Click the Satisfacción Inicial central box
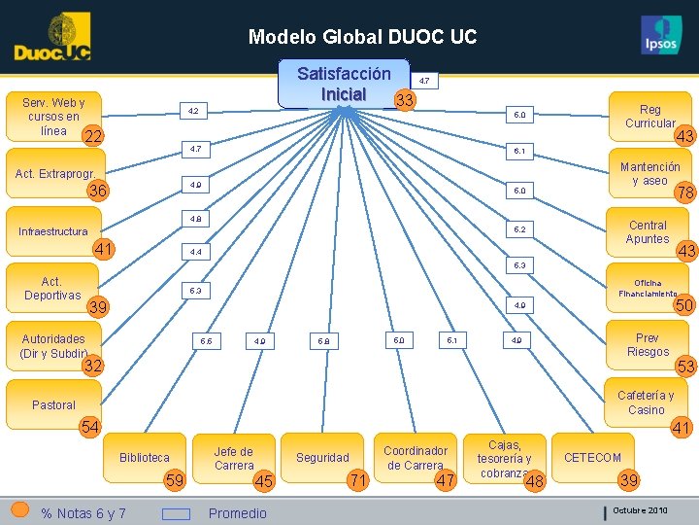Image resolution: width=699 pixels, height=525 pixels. click(x=344, y=85)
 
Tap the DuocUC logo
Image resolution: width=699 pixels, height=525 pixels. click(x=52, y=38)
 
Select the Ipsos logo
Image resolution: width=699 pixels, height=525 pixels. click(x=661, y=37)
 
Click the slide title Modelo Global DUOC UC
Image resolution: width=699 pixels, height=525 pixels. click(x=362, y=37)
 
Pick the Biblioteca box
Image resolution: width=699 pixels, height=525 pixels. click(x=144, y=457)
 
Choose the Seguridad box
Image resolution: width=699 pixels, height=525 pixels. click(x=322, y=457)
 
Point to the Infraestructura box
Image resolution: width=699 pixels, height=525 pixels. click(x=53, y=231)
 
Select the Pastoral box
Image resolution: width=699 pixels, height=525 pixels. click(x=53, y=404)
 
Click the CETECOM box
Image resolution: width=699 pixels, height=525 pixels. click(x=592, y=457)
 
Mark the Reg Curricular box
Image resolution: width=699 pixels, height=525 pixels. click(x=649, y=117)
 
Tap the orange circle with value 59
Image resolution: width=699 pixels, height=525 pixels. click(x=175, y=479)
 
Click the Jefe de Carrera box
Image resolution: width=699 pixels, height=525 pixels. click(x=233, y=458)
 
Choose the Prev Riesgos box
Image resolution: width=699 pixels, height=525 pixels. click(x=648, y=345)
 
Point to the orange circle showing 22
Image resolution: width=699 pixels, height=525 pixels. click(x=93, y=137)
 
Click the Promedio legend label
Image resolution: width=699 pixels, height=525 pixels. click(x=237, y=513)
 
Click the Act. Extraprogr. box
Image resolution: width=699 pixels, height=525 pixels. click(x=54, y=174)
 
